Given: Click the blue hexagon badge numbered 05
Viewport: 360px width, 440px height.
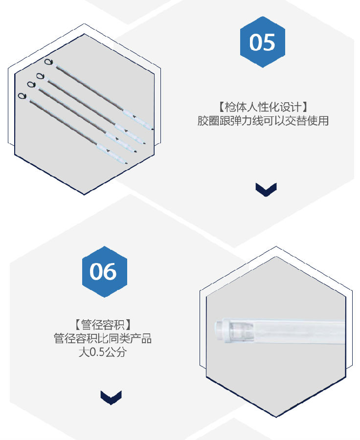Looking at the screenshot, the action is coord(262,42).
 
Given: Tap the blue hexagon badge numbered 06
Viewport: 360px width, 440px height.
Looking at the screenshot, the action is coord(105,271).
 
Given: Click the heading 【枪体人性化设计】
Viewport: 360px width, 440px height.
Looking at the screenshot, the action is coord(263,107).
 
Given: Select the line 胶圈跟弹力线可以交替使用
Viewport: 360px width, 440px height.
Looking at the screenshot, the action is coord(263,121).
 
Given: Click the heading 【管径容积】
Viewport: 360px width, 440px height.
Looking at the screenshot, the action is coord(103,325).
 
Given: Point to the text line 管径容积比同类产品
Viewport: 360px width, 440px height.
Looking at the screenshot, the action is coord(103,338).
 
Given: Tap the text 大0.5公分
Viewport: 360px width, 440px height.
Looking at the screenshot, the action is coord(103,352).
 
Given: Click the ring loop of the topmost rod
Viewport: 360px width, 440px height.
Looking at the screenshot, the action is coord(48,62).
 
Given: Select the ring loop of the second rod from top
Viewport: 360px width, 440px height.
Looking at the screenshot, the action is coord(40,76).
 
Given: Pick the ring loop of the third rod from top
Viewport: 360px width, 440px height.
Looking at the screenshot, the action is coord(31,84).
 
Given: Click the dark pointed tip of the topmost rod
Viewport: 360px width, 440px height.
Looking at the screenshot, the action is coord(153,129).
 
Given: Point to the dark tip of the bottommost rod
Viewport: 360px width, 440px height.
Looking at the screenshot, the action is coord(126,163).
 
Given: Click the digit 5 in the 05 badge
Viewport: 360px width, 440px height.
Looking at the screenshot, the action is coord(269,43).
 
